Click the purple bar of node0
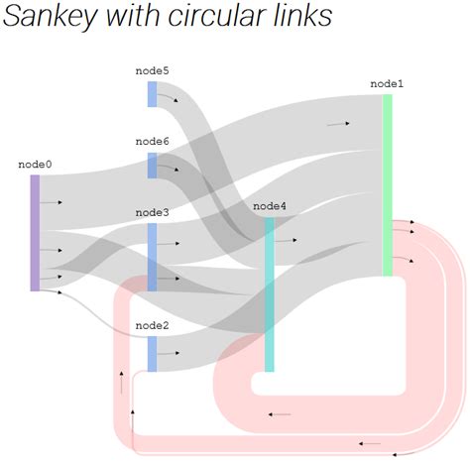point(35,233)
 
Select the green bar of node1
point(387,184)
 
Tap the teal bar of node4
point(269,294)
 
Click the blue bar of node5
point(152,94)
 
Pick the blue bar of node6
point(152,166)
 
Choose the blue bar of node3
point(152,257)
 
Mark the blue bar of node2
point(152,353)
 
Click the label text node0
point(35,165)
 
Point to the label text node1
point(387,84)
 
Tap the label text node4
point(270,206)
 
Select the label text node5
point(152,71)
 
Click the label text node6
point(152,142)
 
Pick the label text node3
point(152,212)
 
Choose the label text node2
point(152,325)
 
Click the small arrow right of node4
point(289,240)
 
